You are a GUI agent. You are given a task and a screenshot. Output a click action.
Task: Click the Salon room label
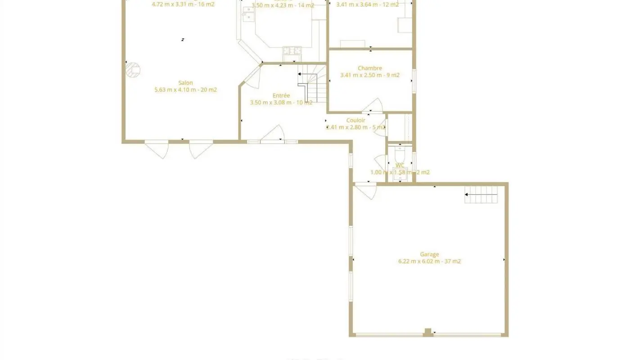[185, 83]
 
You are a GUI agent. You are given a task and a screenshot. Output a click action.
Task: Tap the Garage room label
[429, 254]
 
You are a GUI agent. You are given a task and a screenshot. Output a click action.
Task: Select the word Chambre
[370, 68]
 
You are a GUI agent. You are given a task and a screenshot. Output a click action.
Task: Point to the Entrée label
[281, 96]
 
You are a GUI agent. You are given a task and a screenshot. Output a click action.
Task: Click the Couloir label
[355, 121]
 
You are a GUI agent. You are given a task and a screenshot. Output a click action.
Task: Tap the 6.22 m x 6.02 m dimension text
[429, 261]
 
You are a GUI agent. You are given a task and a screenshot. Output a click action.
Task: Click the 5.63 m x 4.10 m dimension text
[185, 90]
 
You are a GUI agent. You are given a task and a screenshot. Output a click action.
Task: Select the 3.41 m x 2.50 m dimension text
[370, 76]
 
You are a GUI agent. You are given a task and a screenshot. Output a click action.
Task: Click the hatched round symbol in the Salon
[133, 70]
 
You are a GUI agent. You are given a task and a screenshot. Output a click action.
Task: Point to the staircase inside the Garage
[481, 195]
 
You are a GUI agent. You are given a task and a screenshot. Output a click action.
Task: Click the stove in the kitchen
[292, 51]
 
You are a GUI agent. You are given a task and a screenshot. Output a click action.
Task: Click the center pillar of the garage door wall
[428, 332]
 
